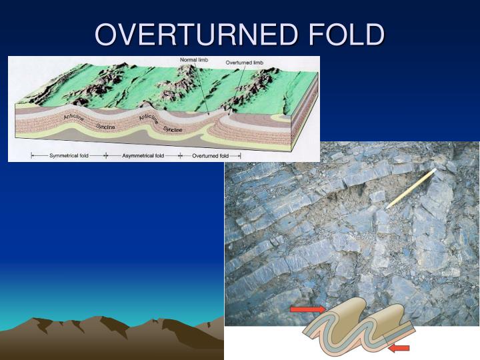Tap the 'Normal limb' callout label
(x=194, y=61)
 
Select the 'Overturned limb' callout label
(x=245, y=63)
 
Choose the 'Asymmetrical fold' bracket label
(x=141, y=155)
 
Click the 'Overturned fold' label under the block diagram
(x=210, y=155)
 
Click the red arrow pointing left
(x=399, y=347)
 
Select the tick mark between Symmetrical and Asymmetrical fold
(x=105, y=155)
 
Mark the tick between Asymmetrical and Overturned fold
(x=181, y=155)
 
